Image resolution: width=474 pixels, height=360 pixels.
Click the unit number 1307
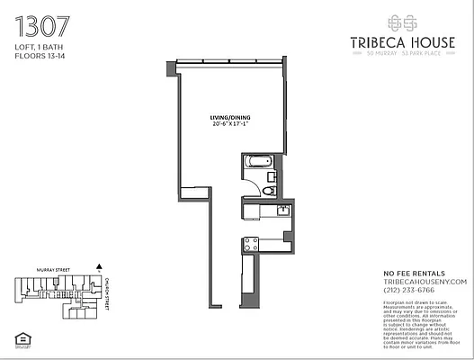[x=40, y=23]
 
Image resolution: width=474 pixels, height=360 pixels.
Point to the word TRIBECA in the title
[x=376, y=40]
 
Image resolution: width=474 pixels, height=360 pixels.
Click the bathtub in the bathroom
[x=257, y=164]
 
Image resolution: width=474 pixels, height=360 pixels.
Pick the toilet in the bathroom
[x=268, y=190]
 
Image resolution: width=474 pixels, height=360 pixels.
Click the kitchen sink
[x=282, y=211]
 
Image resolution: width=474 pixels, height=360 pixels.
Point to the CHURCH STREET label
[x=107, y=293]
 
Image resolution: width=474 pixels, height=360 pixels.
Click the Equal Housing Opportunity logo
[x=22, y=338]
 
